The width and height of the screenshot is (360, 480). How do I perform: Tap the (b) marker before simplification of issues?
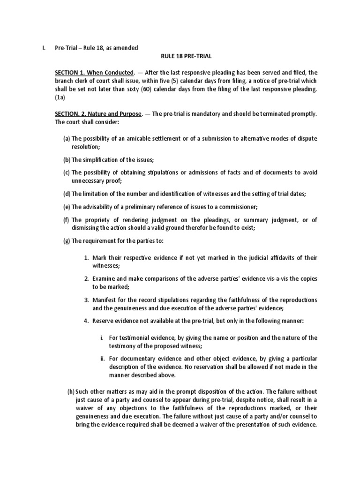(x=67, y=159)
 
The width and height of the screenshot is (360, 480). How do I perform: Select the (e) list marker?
(x=67, y=207)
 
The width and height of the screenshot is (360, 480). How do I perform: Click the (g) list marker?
(x=67, y=241)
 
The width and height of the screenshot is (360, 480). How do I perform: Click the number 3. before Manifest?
(x=86, y=300)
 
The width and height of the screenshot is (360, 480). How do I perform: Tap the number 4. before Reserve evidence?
(x=86, y=321)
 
